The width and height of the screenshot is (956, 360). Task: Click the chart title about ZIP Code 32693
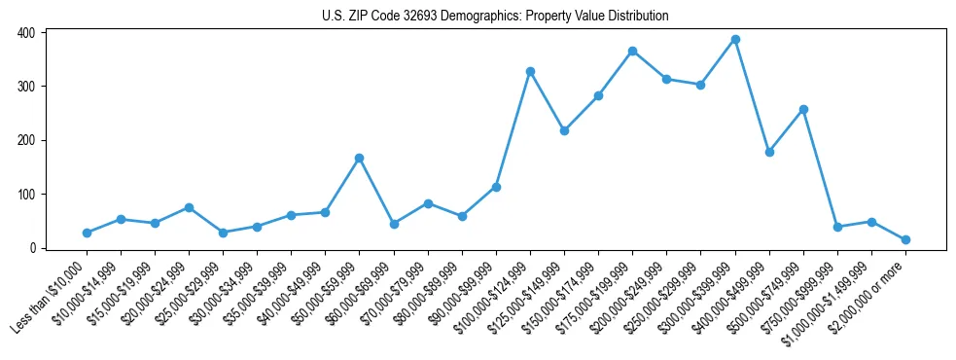click(x=495, y=17)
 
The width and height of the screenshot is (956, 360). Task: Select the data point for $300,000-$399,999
click(x=735, y=40)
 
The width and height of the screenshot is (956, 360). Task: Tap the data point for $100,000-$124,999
click(x=530, y=71)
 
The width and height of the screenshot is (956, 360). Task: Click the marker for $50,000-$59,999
click(x=359, y=158)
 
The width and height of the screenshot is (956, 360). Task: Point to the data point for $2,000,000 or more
click(x=905, y=239)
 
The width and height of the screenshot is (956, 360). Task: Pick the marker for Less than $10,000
click(x=87, y=233)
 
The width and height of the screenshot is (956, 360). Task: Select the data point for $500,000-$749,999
click(x=803, y=109)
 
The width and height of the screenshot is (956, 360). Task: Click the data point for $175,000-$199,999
click(x=632, y=51)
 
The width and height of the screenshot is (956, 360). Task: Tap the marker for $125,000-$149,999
click(x=564, y=130)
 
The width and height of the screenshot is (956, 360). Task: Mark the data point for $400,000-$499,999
click(x=769, y=152)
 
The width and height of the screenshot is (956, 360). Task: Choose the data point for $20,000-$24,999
click(x=189, y=207)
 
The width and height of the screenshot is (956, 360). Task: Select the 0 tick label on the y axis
click(x=32, y=248)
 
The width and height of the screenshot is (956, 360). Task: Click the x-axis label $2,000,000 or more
click(x=867, y=292)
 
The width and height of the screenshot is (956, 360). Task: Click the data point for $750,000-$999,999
click(x=837, y=227)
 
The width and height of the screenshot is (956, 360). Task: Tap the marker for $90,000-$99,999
click(x=496, y=187)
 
